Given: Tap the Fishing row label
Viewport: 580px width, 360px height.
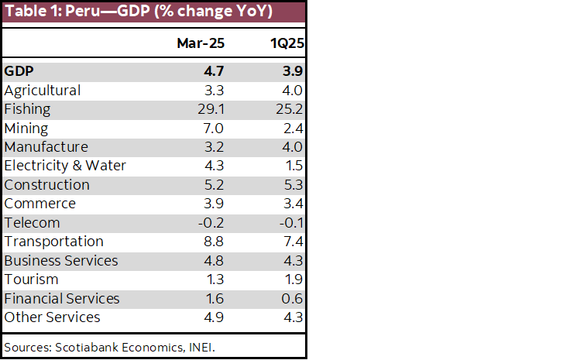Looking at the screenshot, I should (27, 109).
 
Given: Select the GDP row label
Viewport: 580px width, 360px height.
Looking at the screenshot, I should (19, 71).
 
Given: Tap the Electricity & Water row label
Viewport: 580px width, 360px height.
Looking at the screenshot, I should (65, 166).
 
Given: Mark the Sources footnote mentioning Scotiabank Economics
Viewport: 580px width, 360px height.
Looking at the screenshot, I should (109, 346).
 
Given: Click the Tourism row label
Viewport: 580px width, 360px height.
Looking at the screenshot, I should (31, 279).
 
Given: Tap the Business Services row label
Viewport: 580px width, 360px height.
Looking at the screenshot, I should (61, 261).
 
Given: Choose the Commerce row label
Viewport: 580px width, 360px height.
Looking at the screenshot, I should (40, 204).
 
